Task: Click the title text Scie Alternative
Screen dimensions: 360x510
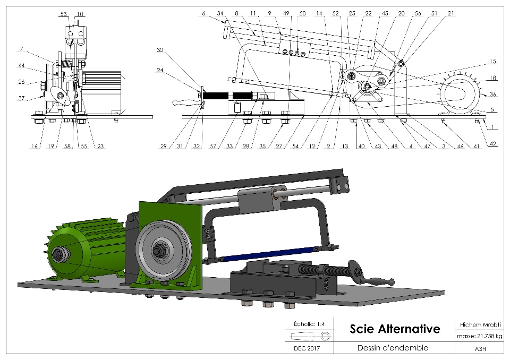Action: click(395, 329)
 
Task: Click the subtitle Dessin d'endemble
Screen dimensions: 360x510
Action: click(389, 348)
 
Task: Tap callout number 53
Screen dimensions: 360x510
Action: click(64, 14)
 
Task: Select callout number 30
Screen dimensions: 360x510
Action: click(160, 50)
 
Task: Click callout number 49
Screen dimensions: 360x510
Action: click(287, 14)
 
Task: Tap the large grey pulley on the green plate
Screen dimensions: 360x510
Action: click(159, 249)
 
